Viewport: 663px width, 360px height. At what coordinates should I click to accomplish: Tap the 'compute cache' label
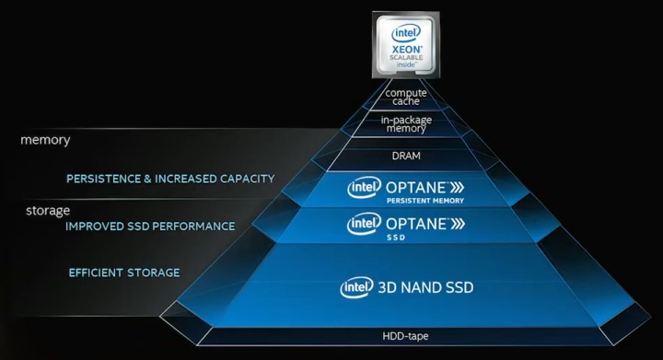point(407,96)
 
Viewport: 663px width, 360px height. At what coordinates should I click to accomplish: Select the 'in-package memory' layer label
point(407,124)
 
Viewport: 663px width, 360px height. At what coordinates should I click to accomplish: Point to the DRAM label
point(407,156)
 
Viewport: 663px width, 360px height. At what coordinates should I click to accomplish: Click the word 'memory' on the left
point(45,141)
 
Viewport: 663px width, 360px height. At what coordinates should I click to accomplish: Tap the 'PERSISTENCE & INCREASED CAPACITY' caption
point(170,179)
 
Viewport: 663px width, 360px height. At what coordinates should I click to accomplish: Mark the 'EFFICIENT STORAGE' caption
point(124,273)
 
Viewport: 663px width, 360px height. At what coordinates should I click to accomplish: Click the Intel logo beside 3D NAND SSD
point(357,287)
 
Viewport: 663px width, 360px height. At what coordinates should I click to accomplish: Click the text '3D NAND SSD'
point(425,287)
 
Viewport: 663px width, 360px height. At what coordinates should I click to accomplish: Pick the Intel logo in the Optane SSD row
point(363,224)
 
